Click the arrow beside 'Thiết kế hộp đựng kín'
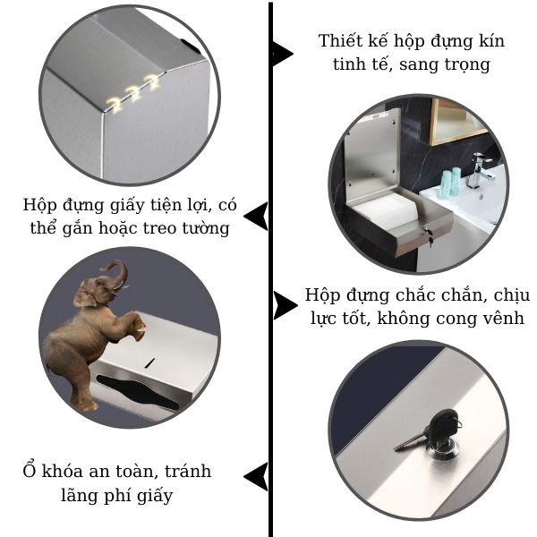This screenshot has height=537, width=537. pos(283,53)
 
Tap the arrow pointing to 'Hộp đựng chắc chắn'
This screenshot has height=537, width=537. pos(285,306)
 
